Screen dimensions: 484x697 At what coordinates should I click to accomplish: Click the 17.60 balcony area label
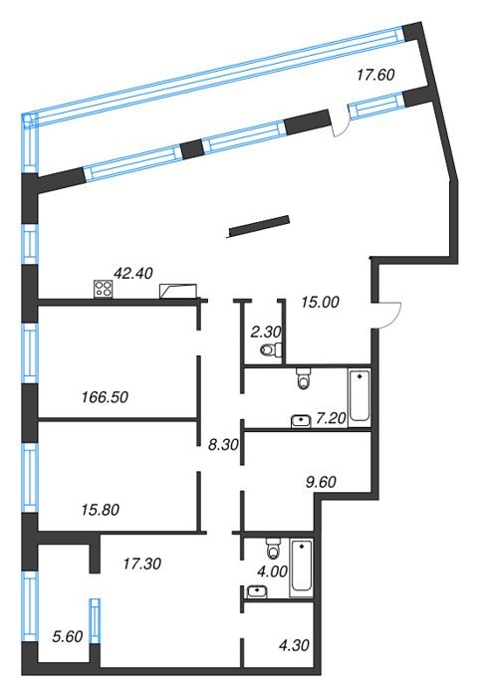pyautogui.click(x=375, y=75)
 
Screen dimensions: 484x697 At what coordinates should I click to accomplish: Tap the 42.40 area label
pyautogui.click(x=133, y=274)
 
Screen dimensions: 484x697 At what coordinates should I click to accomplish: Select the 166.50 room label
pyautogui.click(x=105, y=397)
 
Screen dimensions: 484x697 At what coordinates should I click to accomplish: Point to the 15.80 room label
pyautogui.click(x=101, y=510)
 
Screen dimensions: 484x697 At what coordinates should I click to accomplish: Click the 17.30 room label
pyautogui.click(x=142, y=564)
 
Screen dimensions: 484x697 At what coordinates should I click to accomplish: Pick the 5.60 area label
pyautogui.click(x=68, y=636)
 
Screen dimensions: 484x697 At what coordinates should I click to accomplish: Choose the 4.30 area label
pyautogui.click(x=294, y=645)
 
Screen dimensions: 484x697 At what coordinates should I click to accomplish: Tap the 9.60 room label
pyautogui.click(x=321, y=482)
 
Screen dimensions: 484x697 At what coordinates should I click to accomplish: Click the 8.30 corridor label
pyautogui.click(x=223, y=444)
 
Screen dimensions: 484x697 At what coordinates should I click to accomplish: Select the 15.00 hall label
pyautogui.click(x=320, y=303)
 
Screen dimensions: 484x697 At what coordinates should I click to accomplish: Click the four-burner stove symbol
pyautogui.click(x=104, y=289)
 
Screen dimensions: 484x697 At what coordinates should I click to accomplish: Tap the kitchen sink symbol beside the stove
pyautogui.click(x=178, y=291)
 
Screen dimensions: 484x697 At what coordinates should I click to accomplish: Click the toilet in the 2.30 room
pyautogui.click(x=271, y=349)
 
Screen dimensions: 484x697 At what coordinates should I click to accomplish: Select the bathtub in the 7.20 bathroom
pyautogui.click(x=360, y=395)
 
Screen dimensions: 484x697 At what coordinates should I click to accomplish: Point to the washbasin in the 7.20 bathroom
pyautogui.click(x=301, y=420)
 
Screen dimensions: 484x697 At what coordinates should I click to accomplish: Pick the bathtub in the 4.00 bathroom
pyautogui.click(x=302, y=569)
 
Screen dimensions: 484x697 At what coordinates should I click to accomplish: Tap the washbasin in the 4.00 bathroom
pyautogui.click(x=257, y=591)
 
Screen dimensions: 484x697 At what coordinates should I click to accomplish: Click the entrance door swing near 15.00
pyautogui.click(x=387, y=316)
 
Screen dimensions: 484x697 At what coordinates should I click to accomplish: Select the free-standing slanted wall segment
pyautogui.click(x=259, y=226)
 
